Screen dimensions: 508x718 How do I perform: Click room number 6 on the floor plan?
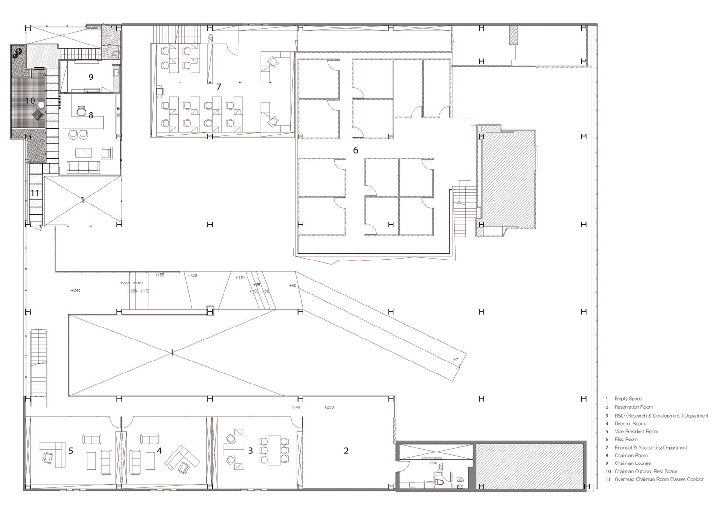(x=355, y=150)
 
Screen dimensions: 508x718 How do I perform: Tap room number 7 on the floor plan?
(x=219, y=87)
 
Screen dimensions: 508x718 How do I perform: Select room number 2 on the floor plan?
(x=346, y=451)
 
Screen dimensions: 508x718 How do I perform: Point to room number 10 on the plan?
(x=30, y=101)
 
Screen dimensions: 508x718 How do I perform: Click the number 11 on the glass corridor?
(x=35, y=193)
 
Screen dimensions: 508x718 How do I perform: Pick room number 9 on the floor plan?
(x=90, y=77)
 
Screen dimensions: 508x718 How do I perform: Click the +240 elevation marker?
(x=75, y=290)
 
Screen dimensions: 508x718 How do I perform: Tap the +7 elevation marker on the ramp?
(x=455, y=360)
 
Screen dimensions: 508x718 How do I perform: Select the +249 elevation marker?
(x=295, y=407)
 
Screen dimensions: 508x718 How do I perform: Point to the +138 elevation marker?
(x=192, y=275)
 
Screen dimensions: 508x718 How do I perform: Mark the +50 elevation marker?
(x=292, y=286)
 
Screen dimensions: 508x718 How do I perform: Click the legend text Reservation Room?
(x=633, y=407)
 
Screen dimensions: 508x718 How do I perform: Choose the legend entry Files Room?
(x=626, y=439)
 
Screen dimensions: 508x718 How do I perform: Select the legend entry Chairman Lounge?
(x=632, y=463)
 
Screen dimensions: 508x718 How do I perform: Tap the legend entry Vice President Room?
(x=636, y=431)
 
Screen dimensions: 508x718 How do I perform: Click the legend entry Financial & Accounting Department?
(x=651, y=448)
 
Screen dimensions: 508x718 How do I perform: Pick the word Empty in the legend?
(x=621, y=399)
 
